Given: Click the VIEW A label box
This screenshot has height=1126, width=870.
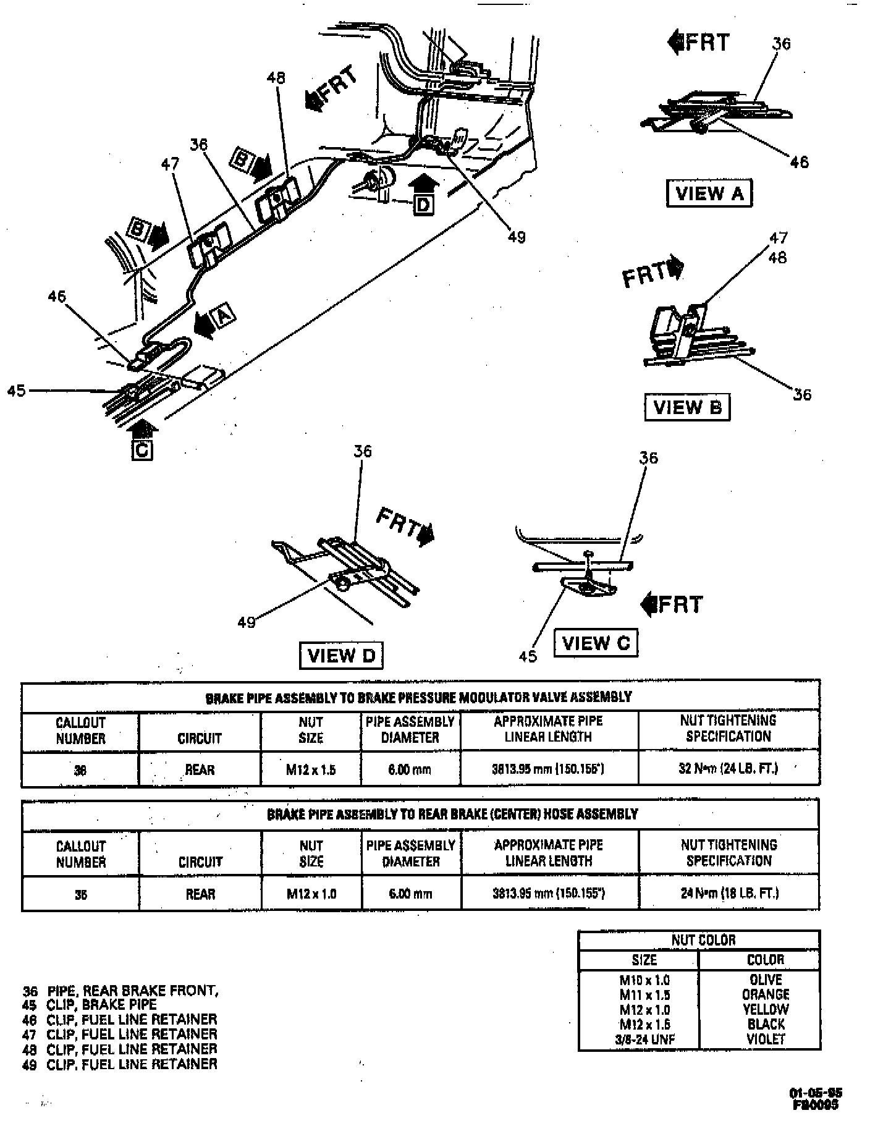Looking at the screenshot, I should click(709, 193).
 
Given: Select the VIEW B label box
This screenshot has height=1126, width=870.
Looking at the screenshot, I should click(687, 407).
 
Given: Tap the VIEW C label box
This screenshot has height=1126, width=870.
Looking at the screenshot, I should click(596, 643).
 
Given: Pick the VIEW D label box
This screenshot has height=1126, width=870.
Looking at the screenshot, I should click(341, 655).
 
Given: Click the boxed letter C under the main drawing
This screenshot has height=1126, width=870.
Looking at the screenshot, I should click(142, 450).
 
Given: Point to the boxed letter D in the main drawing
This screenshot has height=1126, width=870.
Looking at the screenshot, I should click(423, 204).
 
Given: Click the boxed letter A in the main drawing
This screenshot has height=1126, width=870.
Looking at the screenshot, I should click(224, 316).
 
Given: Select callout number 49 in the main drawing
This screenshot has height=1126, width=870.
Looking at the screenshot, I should click(516, 237).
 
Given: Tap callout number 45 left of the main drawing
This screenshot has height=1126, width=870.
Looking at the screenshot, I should click(17, 391).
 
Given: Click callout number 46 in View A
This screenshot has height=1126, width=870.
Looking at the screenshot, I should click(799, 162).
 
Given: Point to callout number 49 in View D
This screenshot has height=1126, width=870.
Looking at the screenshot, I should click(247, 622).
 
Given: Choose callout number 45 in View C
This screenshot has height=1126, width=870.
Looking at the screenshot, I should click(528, 656).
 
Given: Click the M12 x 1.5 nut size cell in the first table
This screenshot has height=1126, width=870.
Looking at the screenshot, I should click(311, 769).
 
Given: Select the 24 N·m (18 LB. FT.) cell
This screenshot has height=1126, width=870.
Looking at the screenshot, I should click(729, 893).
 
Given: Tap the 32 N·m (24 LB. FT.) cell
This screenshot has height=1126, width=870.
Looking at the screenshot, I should click(728, 769).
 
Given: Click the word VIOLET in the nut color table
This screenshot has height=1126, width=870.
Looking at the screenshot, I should click(765, 1039).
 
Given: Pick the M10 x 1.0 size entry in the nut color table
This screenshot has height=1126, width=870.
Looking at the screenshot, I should click(644, 980).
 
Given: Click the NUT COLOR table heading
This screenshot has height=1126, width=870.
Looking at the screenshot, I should click(703, 940).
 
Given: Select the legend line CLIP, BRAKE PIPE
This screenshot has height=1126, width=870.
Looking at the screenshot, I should click(101, 1004).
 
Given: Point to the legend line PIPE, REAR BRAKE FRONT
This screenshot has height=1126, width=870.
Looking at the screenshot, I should click(132, 990).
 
